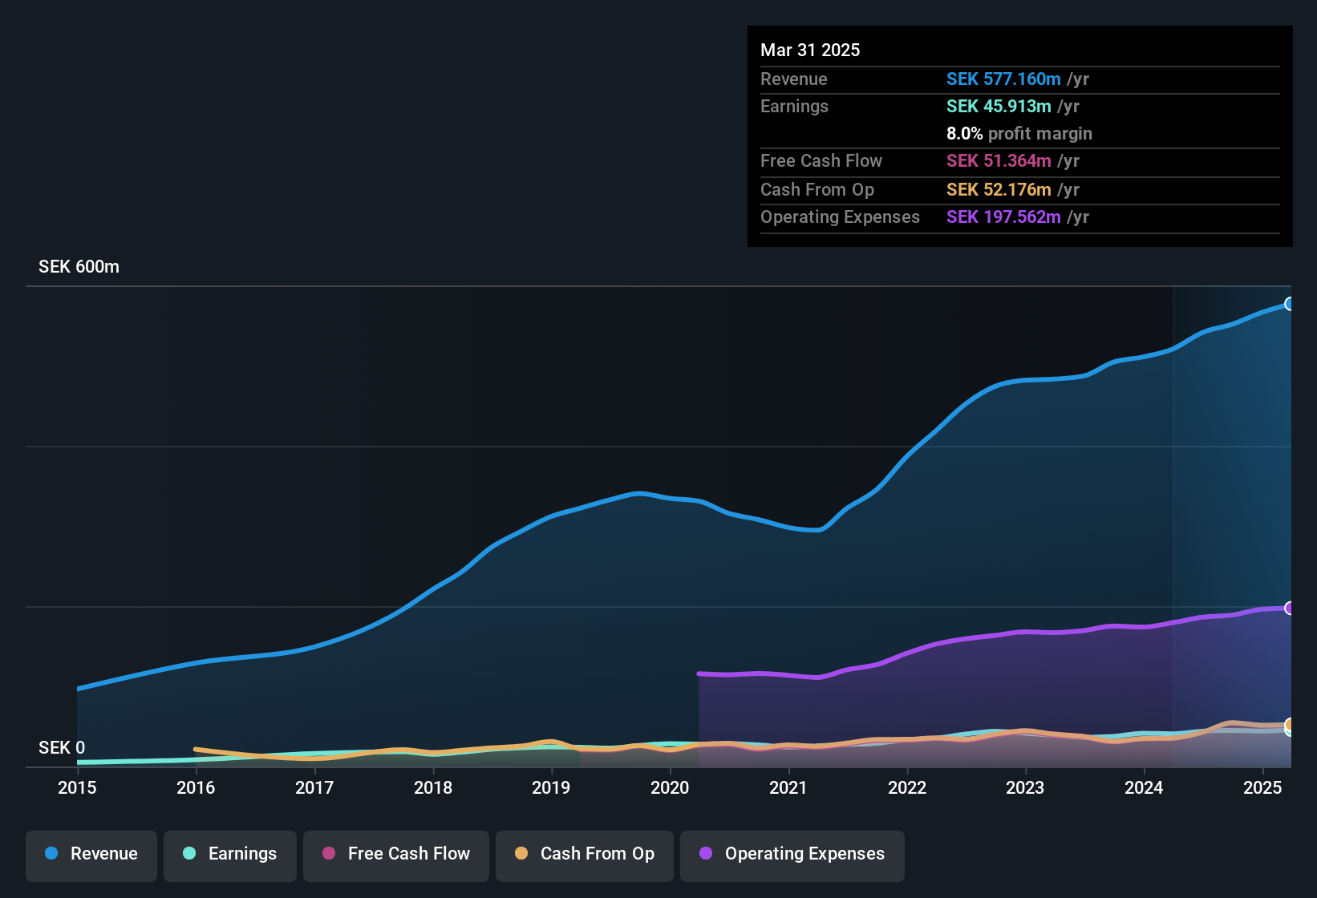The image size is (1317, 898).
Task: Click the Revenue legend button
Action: (x=91, y=855)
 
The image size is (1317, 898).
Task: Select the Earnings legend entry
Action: (x=230, y=855)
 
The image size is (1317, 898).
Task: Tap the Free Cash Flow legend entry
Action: (x=396, y=855)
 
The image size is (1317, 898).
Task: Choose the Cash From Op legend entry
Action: (x=585, y=855)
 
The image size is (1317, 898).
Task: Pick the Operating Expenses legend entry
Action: (x=792, y=855)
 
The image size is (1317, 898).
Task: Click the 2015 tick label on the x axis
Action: (x=77, y=788)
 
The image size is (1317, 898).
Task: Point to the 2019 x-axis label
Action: (x=551, y=788)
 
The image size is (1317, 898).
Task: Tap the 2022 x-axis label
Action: (x=907, y=788)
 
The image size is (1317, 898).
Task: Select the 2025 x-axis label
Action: (x=1262, y=788)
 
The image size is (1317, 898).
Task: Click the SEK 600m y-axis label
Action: (x=79, y=267)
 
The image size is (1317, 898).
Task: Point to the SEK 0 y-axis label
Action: (x=62, y=748)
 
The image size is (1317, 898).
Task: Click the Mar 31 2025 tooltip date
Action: (x=810, y=51)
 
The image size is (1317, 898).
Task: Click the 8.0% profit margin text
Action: (x=1019, y=134)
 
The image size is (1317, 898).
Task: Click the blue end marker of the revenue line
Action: (x=1289, y=304)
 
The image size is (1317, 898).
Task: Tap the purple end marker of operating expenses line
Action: (x=1289, y=609)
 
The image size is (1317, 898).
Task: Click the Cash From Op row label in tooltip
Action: (x=817, y=190)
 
